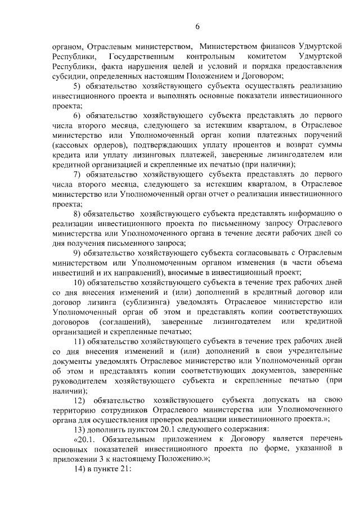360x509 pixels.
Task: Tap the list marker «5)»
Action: (x=78, y=85)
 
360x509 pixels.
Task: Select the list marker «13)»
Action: (x=80, y=426)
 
